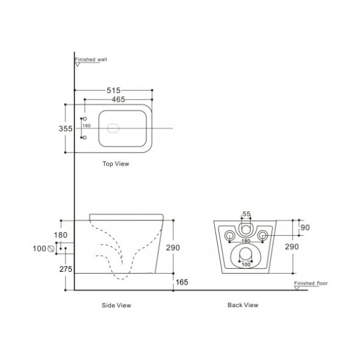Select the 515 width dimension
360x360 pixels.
pyautogui.click(x=114, y=90)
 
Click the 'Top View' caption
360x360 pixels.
pyautogui.click(x=115, y=163)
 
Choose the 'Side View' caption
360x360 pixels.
pyautogui.click(x=116, y=305)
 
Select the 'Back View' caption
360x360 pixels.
pyautogui.click(x=242, y=305)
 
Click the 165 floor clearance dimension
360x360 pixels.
pyautogui.click(x=182, y=281)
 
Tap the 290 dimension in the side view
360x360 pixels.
pyautogui.click(x=173, y=247)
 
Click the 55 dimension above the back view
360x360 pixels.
pyautogui.click(x=246, y=214)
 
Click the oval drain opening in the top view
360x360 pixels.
pyautogui.click(x=113, y=128)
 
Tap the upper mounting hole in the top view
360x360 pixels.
pyautogui.click(x=85, y=119)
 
